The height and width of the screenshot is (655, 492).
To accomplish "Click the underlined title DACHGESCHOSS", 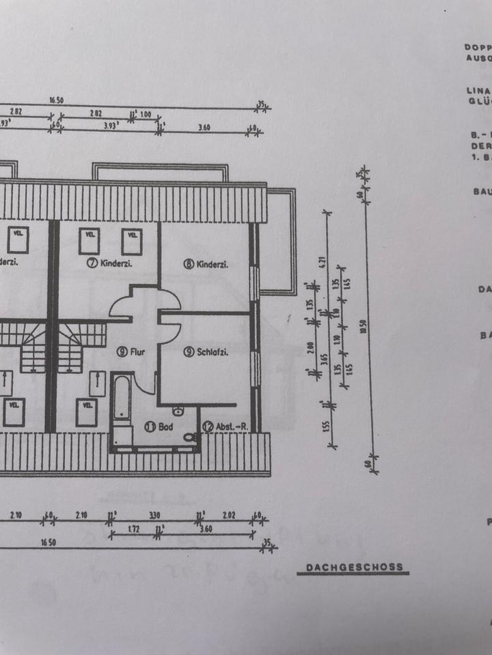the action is tap(353, 567).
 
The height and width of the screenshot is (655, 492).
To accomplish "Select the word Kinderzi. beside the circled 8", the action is tap(212, 265).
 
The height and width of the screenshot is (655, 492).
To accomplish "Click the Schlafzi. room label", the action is tap(212, 352).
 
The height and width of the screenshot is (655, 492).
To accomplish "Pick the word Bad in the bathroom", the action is tap(165, 426).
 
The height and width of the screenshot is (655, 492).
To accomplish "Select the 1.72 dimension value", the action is tap(135, 529).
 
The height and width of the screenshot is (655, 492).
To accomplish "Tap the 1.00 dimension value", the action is tap(146, 115).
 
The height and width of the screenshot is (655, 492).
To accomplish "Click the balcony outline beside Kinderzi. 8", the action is tap(280, 242).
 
